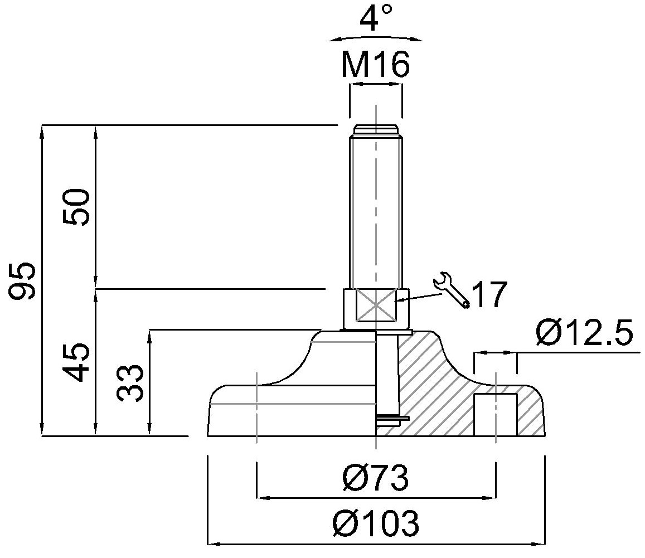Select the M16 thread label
point(376,66)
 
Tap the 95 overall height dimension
point(25,280)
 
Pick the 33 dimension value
point(132,384)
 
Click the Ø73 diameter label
point(376,478)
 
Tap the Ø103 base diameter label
point(376,524)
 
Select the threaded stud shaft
point(376,212)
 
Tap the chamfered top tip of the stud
point(376,132)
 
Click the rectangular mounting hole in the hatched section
point(495,414)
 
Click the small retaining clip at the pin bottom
point(393,418)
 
